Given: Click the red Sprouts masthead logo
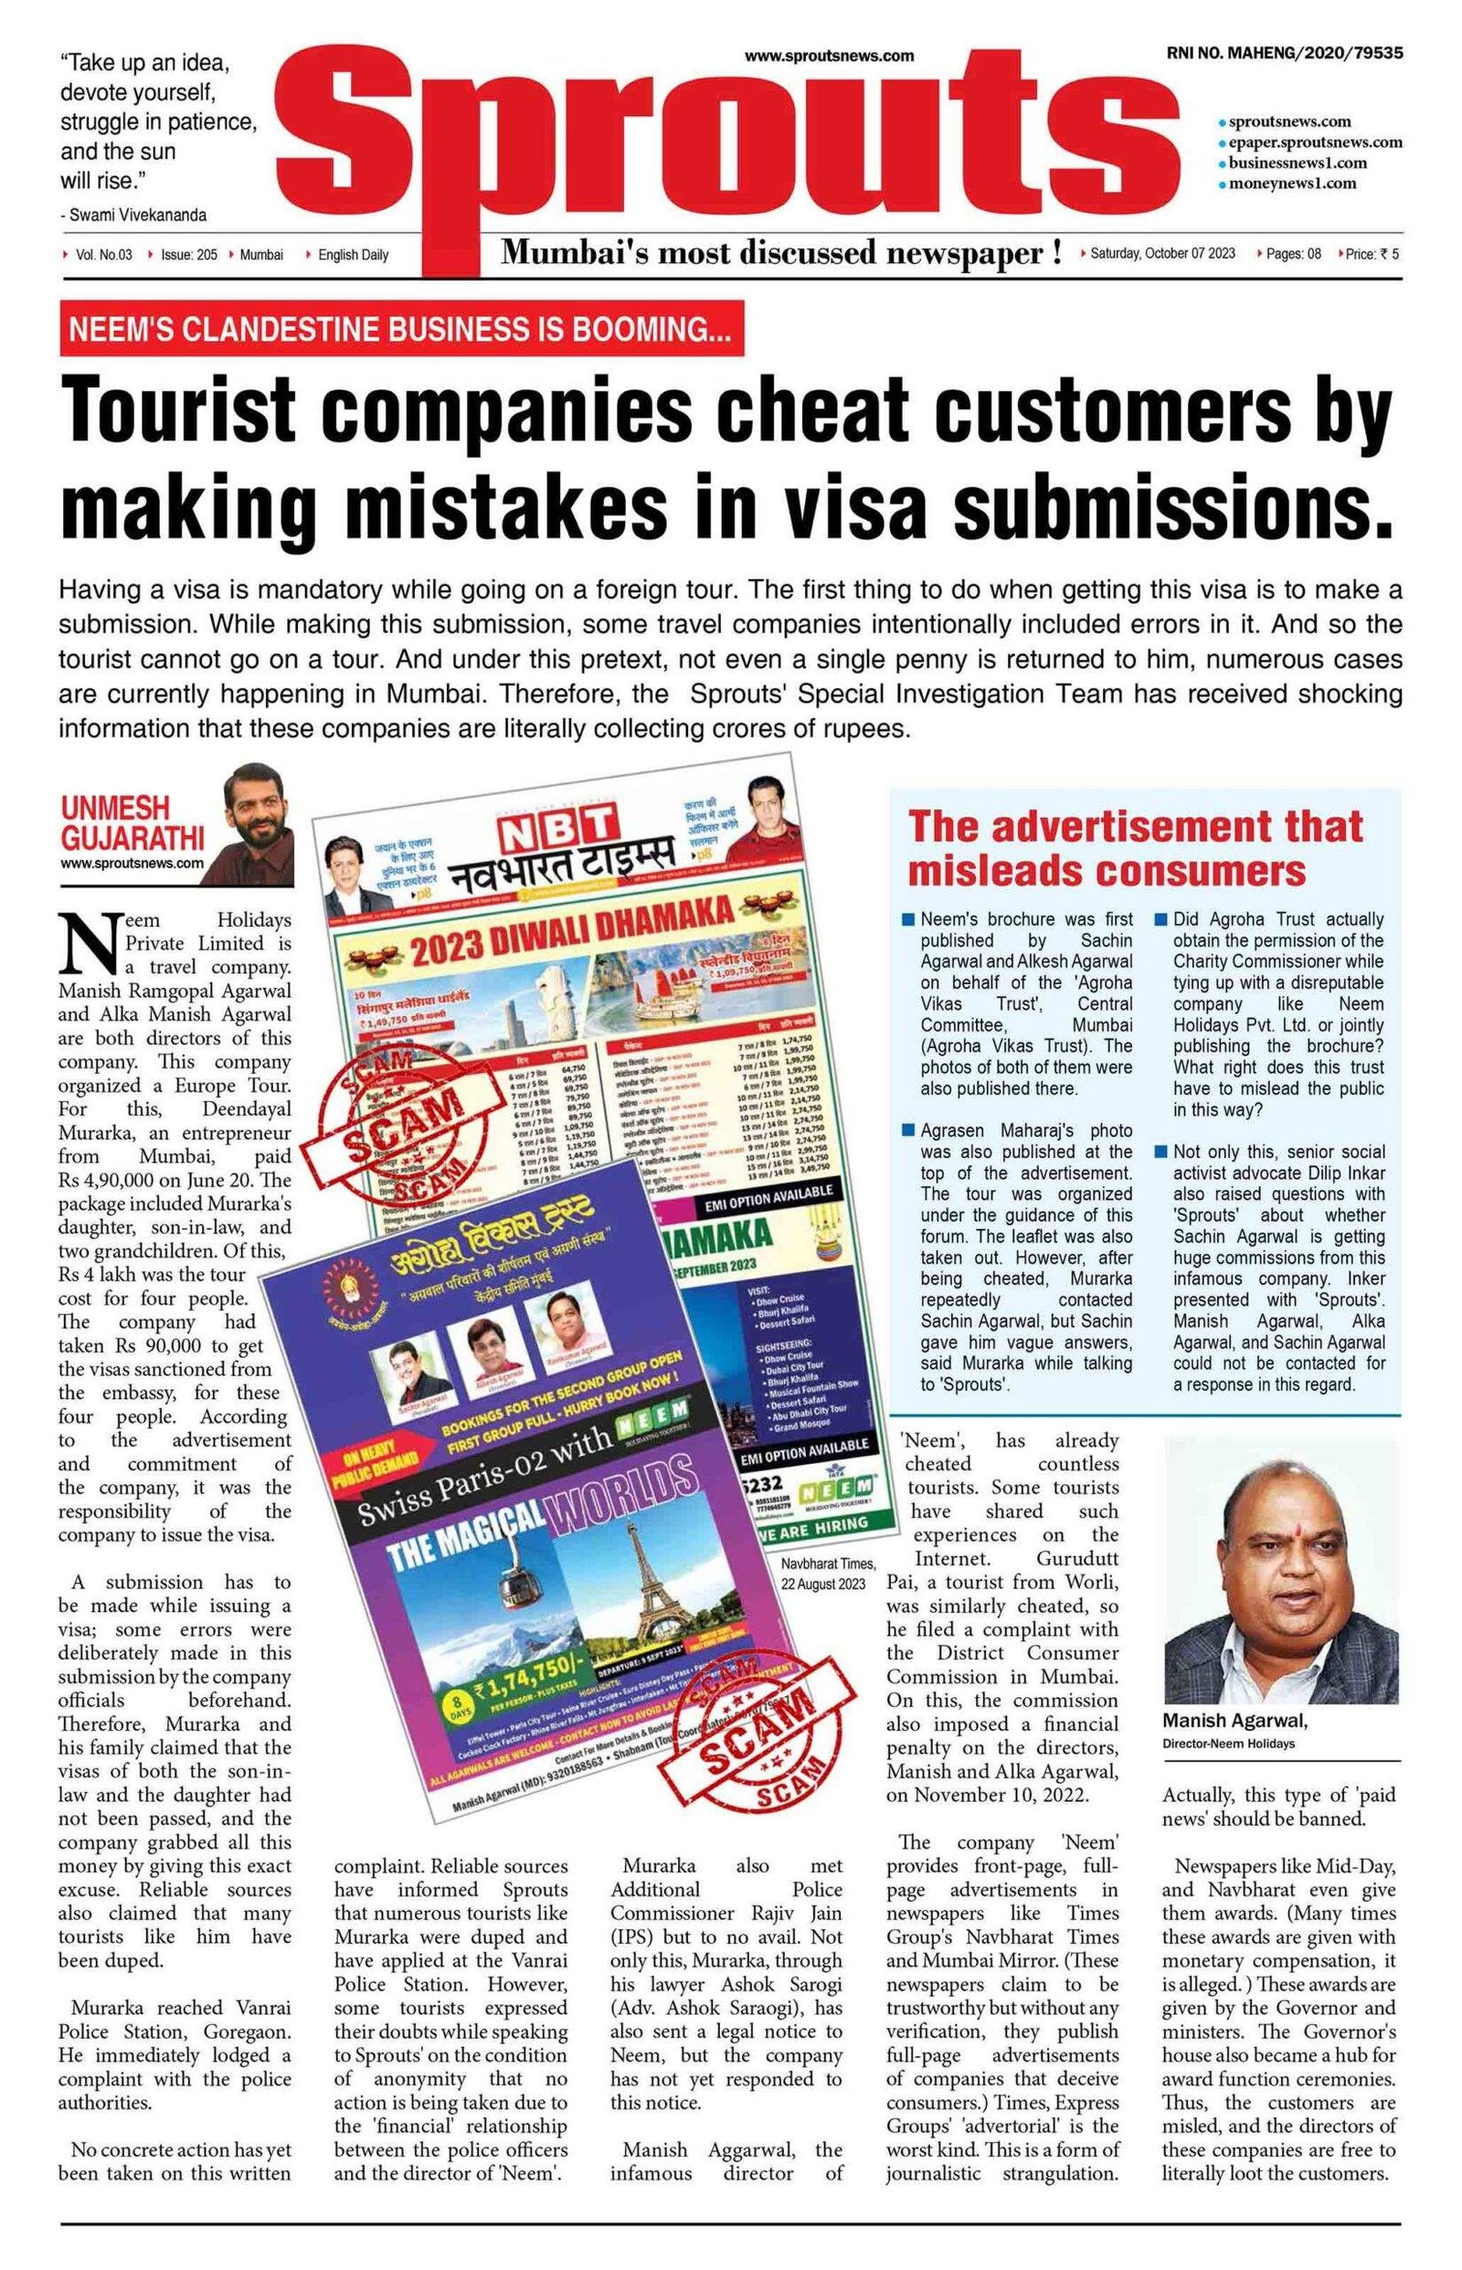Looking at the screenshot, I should pyautogui.click(x=722, y=143).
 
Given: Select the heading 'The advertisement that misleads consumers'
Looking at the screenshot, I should pyautogui.click(x=1136, y=847).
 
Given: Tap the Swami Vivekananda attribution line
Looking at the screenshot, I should pyautogui.click(x=132, y=216).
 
